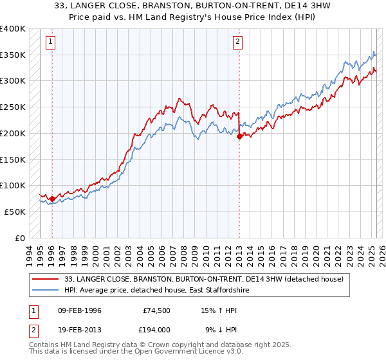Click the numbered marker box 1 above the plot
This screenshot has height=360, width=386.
pyautogui.click(x=51, y=42)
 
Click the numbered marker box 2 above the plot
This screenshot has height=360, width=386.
pyautogui.click(x=237, y=42)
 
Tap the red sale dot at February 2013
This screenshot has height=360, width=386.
pyautogui.click(x=239, y=136)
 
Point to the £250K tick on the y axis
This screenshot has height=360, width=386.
pyautogui.click(x=13, y=107)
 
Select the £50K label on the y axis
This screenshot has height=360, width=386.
pyautogui.click(x=15, y=212)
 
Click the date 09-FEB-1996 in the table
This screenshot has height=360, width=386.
pyautogui.click(x=80, y=310)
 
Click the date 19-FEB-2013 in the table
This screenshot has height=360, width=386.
pyautogui.click(x=80, y=329)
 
